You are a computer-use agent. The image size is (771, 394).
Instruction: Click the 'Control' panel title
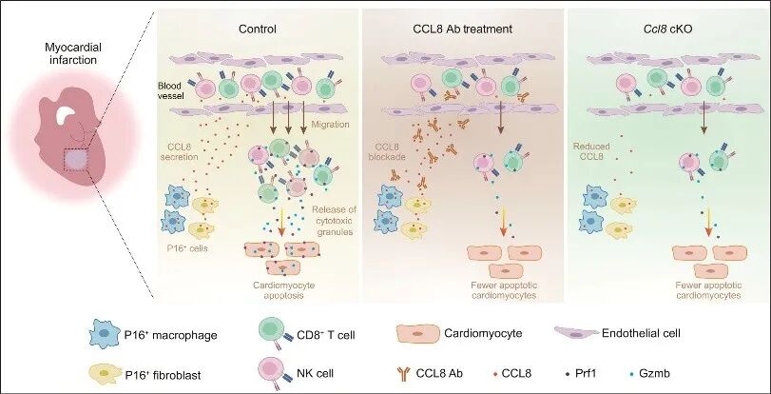pyautogui.click(x=258, y=29)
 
